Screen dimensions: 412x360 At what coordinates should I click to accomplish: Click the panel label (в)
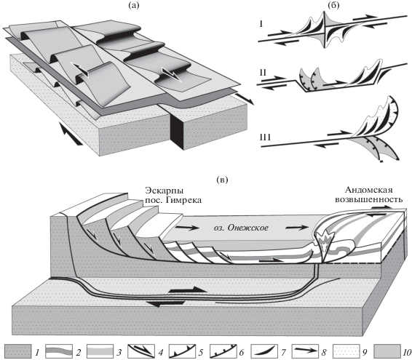222,180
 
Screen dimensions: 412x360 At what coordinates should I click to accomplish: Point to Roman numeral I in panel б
261,25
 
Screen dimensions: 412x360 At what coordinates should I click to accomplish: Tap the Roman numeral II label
263,73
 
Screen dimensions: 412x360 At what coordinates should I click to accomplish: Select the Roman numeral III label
265,137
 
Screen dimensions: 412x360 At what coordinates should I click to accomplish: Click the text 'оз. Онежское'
241,228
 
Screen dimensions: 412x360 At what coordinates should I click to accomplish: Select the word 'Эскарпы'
165,191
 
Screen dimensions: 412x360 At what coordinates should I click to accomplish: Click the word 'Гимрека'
186,200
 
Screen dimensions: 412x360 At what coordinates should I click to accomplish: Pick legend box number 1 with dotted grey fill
18,351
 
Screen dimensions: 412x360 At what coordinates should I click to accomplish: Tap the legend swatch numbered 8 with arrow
306,351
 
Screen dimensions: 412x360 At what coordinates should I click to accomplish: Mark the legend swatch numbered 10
387,351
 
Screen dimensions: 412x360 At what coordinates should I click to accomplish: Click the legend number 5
201,352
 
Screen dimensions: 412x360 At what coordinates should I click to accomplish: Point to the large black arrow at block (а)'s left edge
70,133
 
